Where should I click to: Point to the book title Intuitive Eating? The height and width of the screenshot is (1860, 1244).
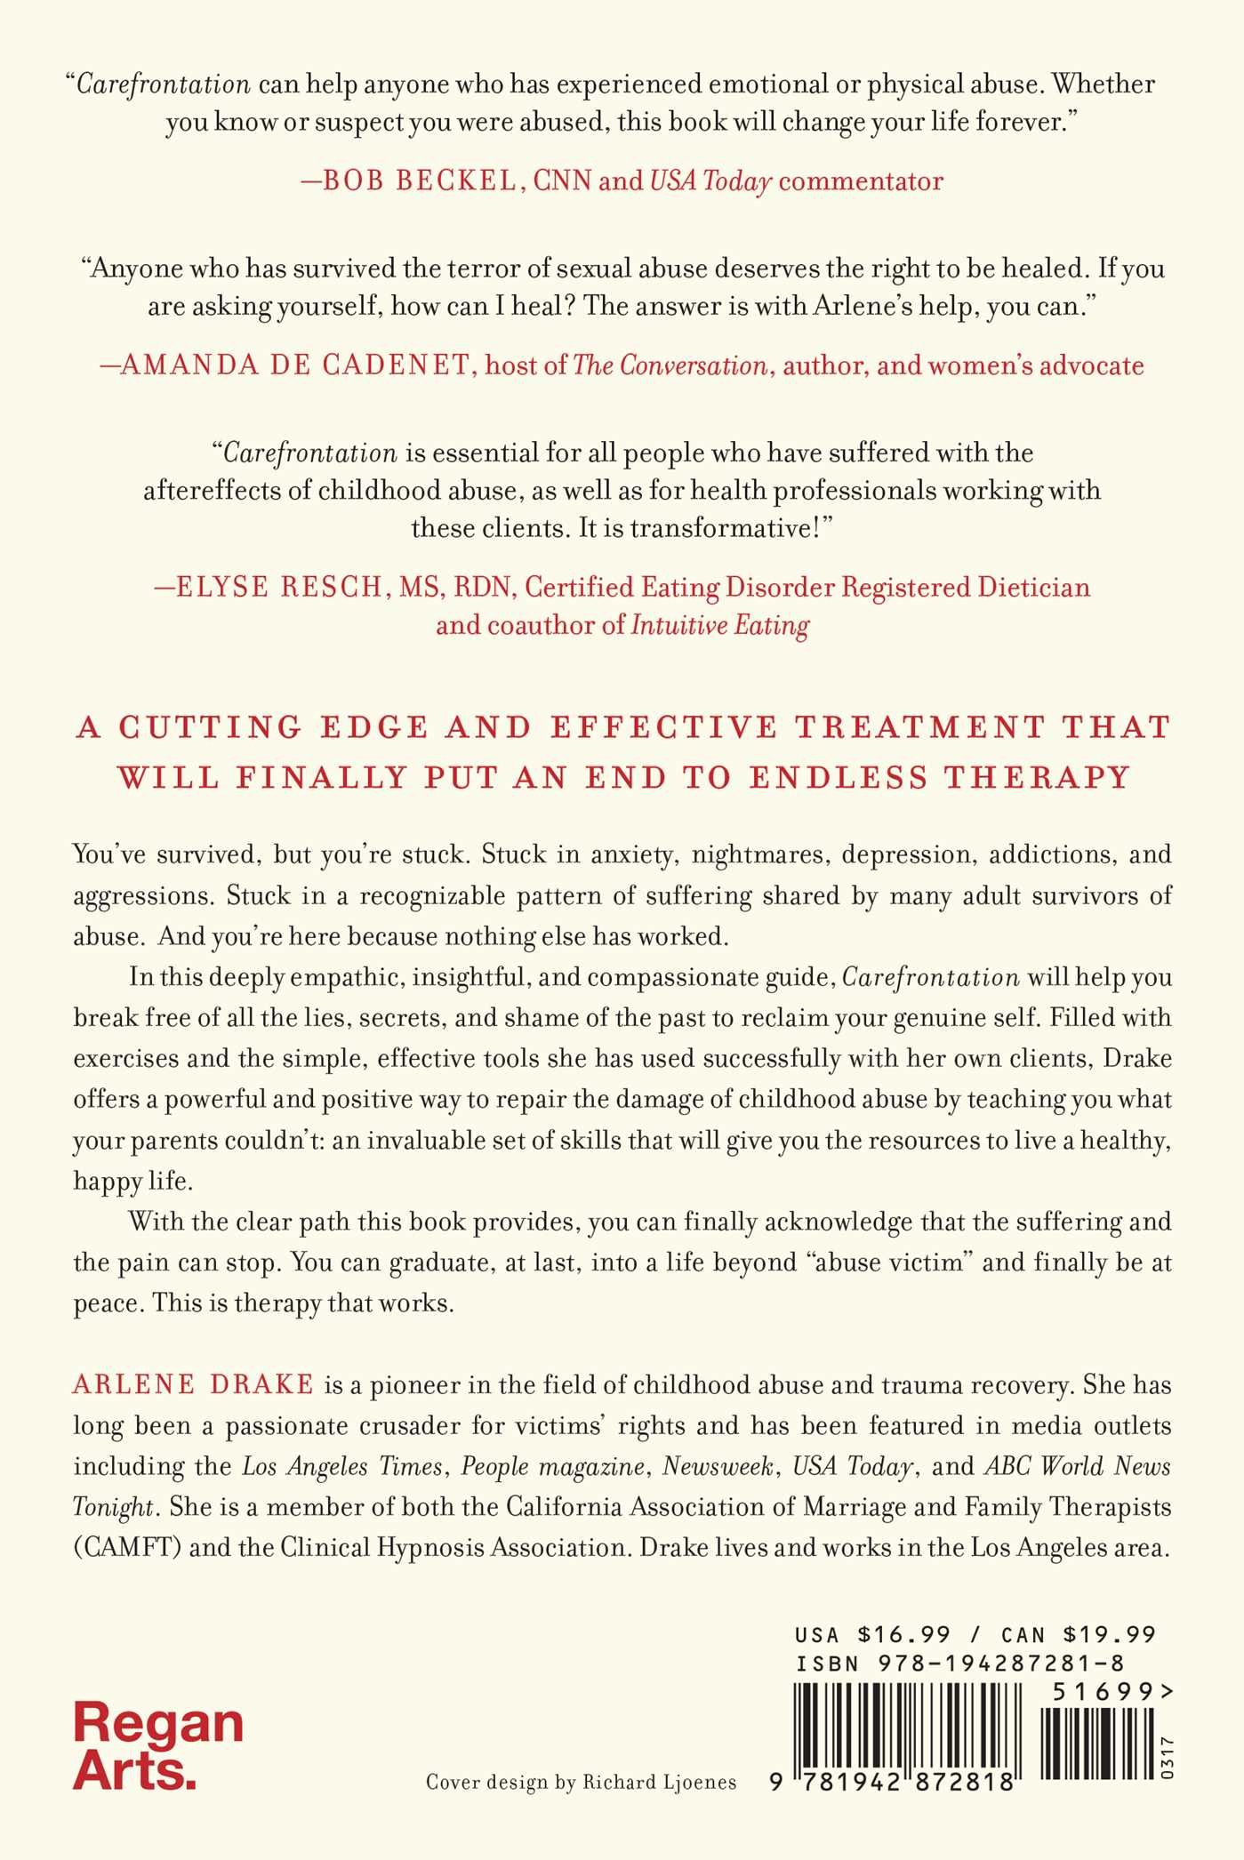[x=720, y=626]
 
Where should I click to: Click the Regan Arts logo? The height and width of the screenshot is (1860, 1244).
[x=158, y=1746]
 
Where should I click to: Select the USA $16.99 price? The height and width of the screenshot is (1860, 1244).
[x=873, y=1634]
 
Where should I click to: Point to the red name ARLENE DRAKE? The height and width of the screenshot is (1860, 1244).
[x=193, y=1384]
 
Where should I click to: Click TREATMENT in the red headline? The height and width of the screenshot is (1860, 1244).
[x=919, y=727]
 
